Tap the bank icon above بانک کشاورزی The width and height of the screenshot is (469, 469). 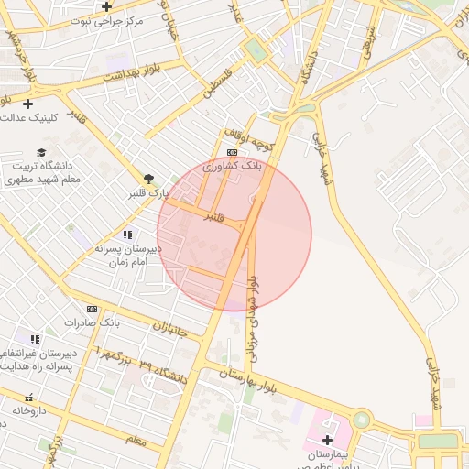(x=232, y=153)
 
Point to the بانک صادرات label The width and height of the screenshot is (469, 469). (x=93, y=323)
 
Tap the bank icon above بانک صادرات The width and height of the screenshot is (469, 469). (x=92, y=309)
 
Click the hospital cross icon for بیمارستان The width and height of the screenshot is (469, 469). (x=327, y=440)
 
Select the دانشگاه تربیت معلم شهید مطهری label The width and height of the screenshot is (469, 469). (x=42, y=173)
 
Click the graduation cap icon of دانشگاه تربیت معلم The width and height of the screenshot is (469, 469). (x=41, y=152)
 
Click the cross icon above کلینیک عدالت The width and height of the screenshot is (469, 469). (x=27, y=104)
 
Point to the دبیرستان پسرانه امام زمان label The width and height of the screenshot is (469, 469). (x=126, y=255)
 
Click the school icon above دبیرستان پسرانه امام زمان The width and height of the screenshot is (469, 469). (x=126, y=235)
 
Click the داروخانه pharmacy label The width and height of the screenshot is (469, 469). (x=28, y=411)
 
